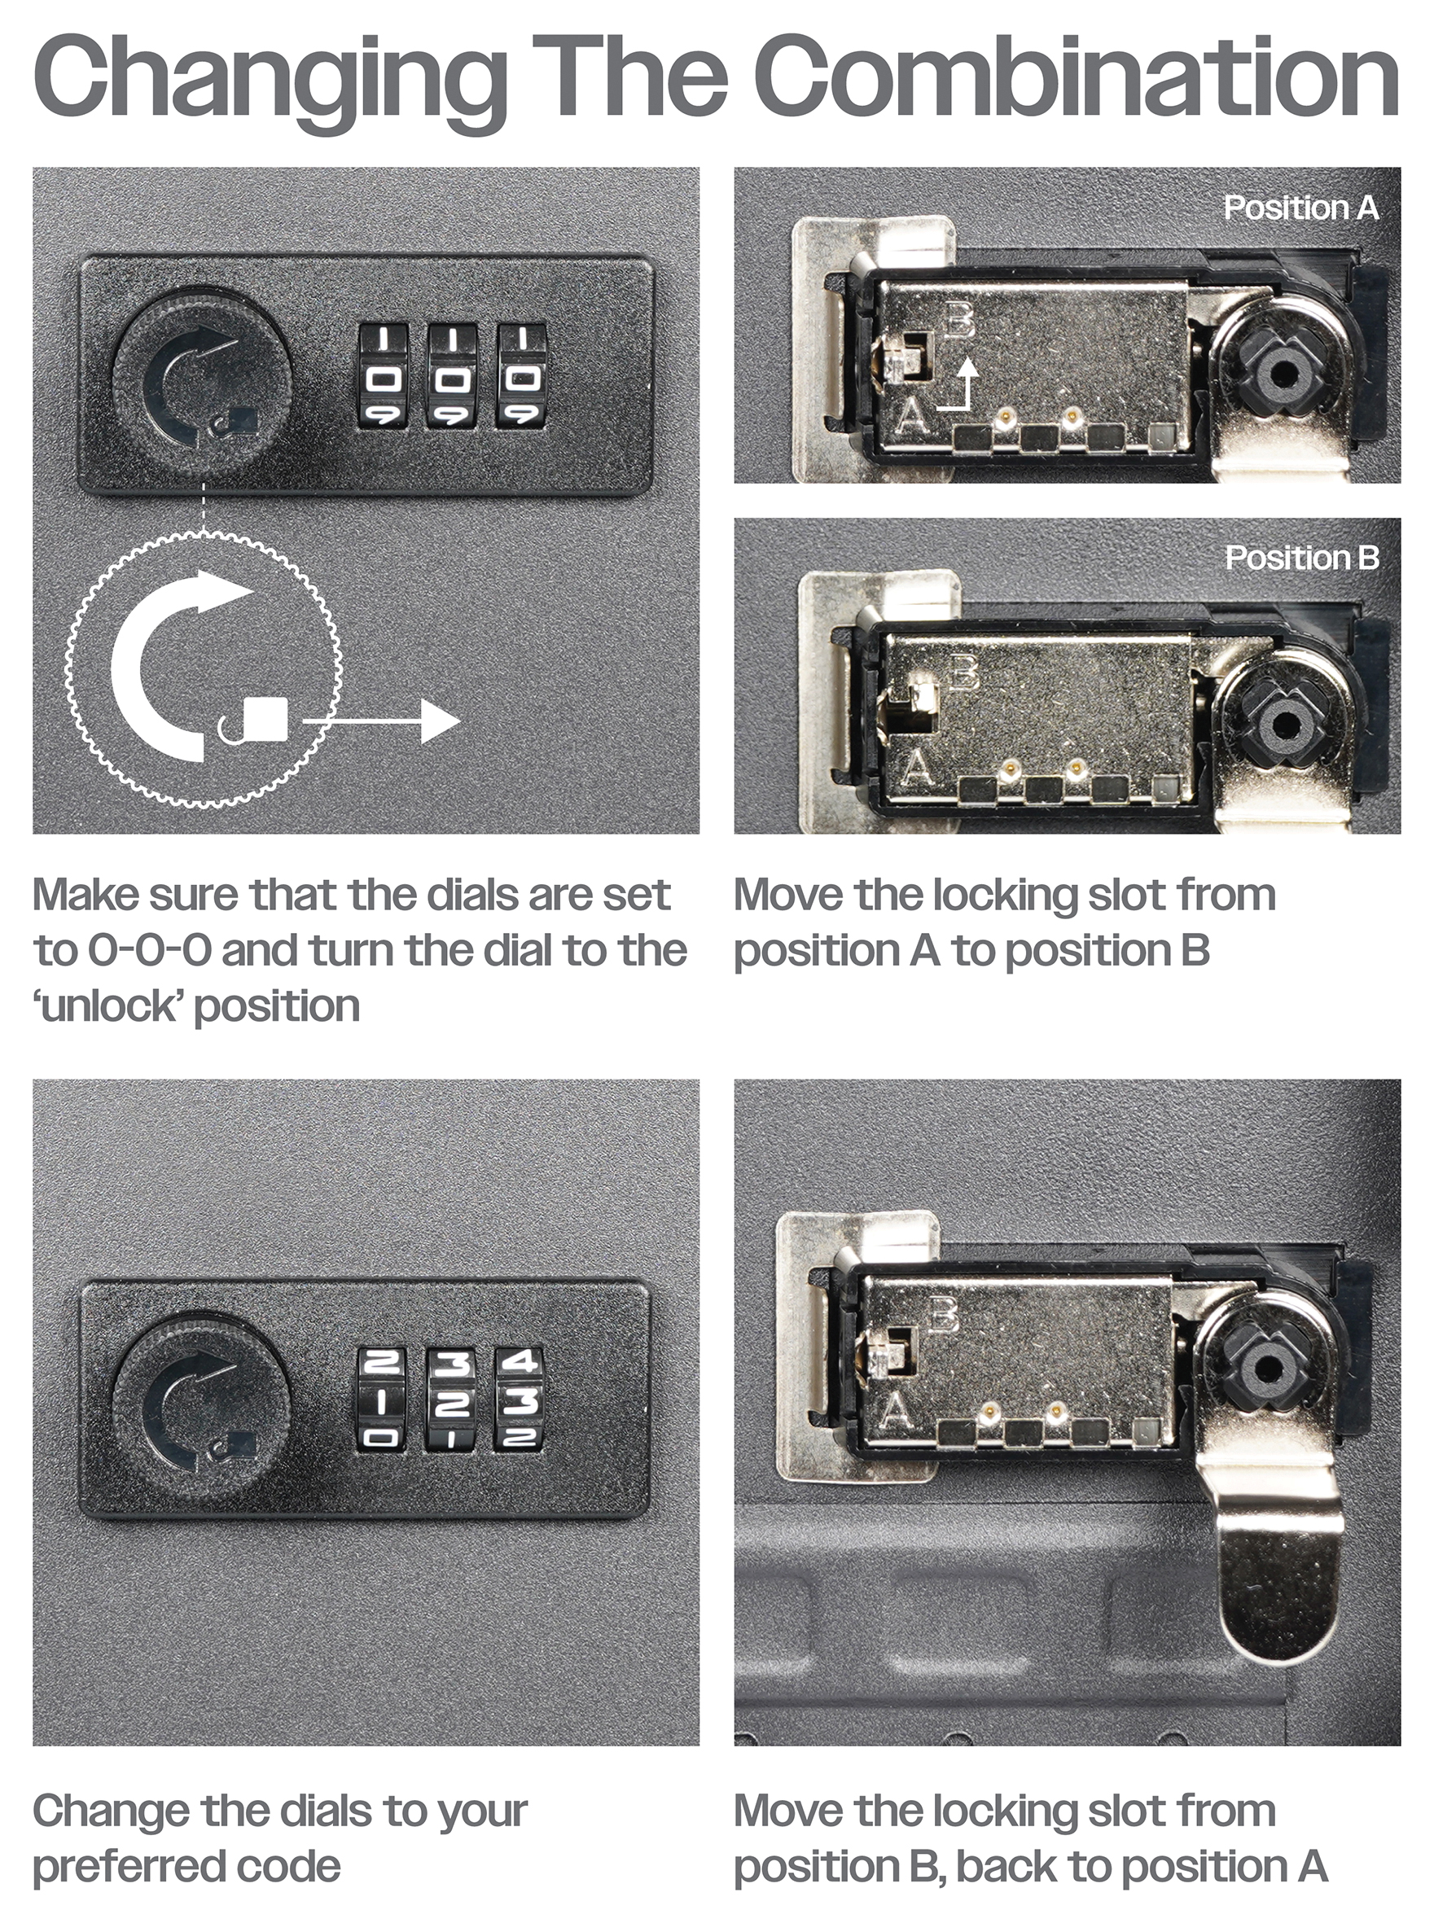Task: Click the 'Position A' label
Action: (x=1300, y=208)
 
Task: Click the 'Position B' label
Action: (x=1302, y=558)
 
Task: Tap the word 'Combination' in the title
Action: (x=1076, y=78)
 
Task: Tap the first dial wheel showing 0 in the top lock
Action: (x=383, y=376)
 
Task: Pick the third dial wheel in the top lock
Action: (x=521, y=376)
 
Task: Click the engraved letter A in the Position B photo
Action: (x=919, y=767)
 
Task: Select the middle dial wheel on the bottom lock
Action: (x=450, y=1400)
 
